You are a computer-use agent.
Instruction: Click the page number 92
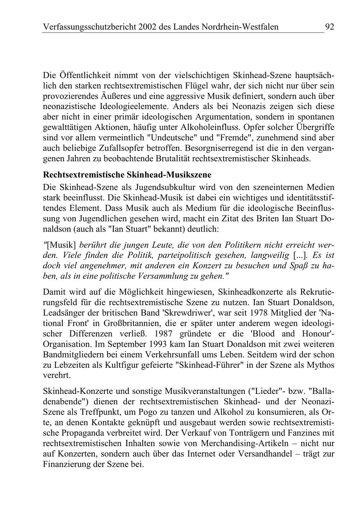pyautogui.click(x=329, y=27)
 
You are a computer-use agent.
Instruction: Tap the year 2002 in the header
pyautogui.click(x=148, y=27)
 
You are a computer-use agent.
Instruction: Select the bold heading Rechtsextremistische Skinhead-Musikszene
pyautogui.click(x=127, y=175)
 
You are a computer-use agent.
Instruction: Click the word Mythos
pyautogui.click(x=321, y=365)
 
